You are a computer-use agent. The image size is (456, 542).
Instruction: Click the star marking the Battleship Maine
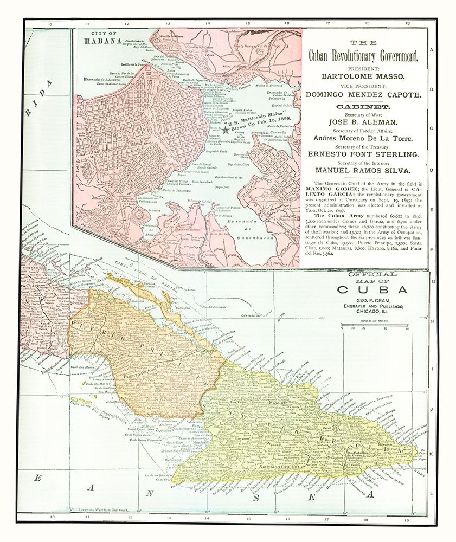[x=226, y=130]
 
